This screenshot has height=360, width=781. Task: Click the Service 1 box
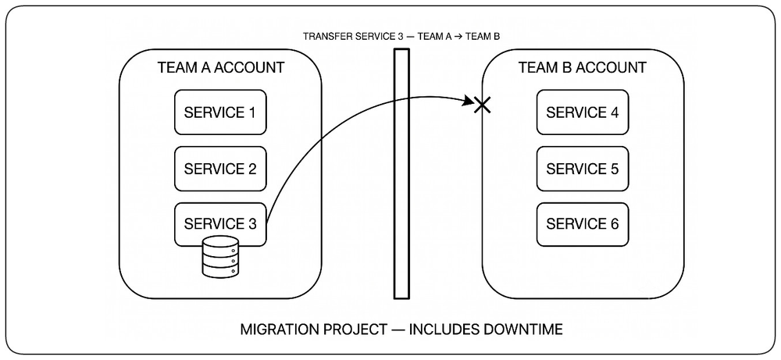point(219,112)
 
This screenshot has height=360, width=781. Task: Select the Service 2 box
point(219,169)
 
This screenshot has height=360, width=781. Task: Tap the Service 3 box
point(219,224)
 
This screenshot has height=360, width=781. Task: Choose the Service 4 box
point(583,112)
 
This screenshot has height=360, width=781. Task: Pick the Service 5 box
point(583,169)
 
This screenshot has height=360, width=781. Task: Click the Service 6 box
point(583,224)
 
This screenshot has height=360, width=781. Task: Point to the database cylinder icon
point(220,257)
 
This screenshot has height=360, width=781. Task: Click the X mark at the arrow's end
point(482,105)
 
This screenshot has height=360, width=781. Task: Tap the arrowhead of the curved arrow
point(469,102)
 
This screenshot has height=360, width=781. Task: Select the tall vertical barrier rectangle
point(401,173)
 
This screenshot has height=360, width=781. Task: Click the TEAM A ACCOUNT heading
point(221,68)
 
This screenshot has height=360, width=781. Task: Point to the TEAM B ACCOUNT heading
point(583,68)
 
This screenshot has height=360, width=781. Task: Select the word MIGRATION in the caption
point(280,329)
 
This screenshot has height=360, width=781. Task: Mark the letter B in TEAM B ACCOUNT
point(567,68)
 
